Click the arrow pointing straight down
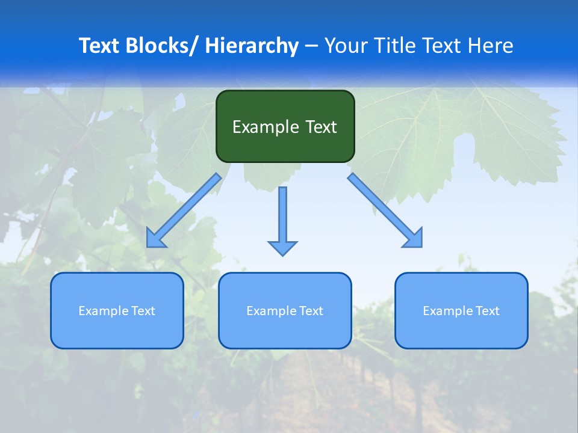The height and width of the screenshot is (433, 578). pyautogui.click(x=282, y=216)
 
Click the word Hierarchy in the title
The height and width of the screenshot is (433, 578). pyautogui.click(x=252, y=46)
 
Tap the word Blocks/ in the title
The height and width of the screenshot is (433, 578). pyautogui.click(x=163, y=46)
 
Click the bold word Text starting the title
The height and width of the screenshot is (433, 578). pyautogui.click(x=100, y=46)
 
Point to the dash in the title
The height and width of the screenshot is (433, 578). pyautogui.click(x=311, y=46)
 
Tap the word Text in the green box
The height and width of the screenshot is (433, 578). pyautogui.click(x=320, y=127)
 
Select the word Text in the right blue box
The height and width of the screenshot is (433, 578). pyautogui.click(x=487, y=311)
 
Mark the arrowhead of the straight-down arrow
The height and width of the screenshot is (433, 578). pyautogui.click(x=282, y=248)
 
